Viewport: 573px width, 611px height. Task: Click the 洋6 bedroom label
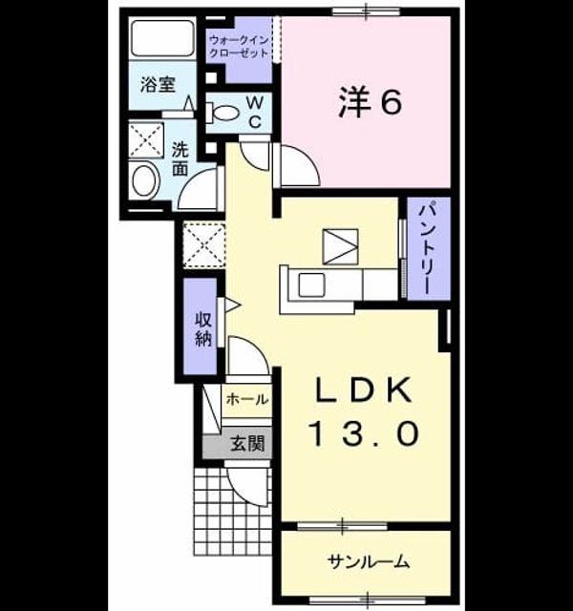370,102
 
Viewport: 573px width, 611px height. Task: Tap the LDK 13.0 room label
364,411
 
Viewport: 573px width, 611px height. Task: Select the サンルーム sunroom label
369,562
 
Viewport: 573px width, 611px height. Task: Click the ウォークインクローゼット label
239,47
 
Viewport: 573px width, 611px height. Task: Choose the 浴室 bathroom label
158,85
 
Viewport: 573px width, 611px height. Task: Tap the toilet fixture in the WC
223,113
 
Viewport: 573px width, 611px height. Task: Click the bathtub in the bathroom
162,38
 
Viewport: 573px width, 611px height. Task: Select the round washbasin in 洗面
144,181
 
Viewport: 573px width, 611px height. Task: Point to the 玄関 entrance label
247,443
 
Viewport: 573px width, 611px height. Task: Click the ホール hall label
247,400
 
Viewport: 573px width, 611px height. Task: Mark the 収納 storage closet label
203,329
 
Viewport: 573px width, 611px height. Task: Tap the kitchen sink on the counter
311,284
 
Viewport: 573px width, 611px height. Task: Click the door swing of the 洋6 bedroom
296,164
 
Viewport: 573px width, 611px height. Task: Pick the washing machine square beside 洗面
146,140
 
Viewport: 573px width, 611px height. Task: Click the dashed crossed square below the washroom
204,245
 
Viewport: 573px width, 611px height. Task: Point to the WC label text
255,113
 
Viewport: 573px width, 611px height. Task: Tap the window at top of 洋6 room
366,11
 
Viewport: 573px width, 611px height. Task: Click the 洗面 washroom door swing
198,189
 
